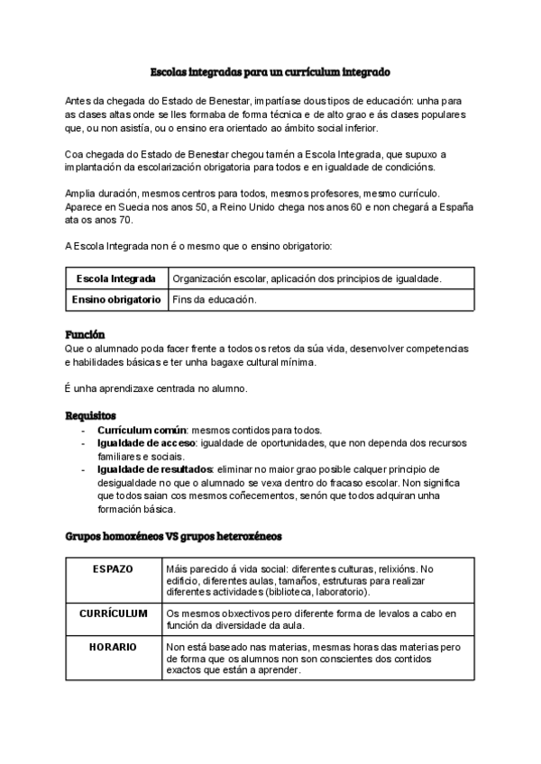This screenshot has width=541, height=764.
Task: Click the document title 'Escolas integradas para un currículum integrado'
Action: click(270, 70)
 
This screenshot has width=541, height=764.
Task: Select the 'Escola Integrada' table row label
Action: click(115, 278)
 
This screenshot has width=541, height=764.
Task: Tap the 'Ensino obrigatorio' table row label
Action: click(116, 300)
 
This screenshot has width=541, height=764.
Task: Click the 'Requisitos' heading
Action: click(90, 415)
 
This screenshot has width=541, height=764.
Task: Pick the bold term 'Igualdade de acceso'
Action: click(147, 443)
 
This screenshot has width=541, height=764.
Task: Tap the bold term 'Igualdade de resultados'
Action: click(154, 469)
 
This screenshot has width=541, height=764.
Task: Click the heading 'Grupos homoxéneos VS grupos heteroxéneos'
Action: click(173, 536)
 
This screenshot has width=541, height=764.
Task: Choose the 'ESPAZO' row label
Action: click(113, 569)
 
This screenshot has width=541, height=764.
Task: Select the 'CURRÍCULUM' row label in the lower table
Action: click(113, 614)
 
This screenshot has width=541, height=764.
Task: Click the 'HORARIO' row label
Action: click(113, 647)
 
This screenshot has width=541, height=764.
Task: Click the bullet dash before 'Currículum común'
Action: click(84, 430)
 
